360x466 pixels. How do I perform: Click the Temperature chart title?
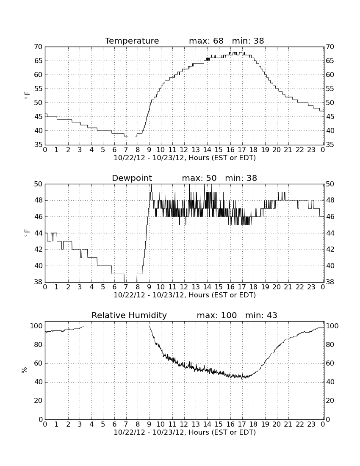pyautogui.click(x=132, y=41)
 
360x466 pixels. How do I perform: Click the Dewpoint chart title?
pyautogui.click(x=132, y=178)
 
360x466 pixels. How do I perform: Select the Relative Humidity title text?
pyautogui.click(x=129, y=315)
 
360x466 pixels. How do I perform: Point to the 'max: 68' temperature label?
pyautogui.click(x=206, y=41)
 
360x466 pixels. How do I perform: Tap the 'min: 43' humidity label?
pyautogui.click(x=261, y=315)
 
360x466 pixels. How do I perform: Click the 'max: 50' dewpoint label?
pyautogui.click(x=199, y=178)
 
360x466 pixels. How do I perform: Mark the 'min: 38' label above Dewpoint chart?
pyautogui.click(x=241, y=178)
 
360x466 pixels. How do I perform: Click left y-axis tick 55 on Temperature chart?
pyautogui.click(x=38, y=89)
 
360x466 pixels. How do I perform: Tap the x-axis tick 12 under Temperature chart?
pyautogui.click(x=184, y=150)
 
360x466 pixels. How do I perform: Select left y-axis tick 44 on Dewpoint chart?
pyautogui.click(x=38, y=233)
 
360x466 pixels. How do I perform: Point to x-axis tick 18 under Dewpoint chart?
pyautogui.click(x=253, y=287)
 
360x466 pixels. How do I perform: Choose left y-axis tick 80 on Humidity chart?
pyautogui.click(x=38, y=345)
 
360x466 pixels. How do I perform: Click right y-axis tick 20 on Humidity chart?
pyautogui.click(x=330, y=401)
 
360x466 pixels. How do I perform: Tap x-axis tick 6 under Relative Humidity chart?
pyautogui.click(x=114, y=424)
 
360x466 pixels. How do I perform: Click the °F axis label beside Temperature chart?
pyautogui.click(x=27, y=95)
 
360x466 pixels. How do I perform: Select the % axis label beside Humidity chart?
pyautogui.click(x=25, y=370)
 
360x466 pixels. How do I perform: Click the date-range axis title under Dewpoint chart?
pyautogui.click(x=185, y=295)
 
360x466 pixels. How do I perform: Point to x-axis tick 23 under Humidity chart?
pyautogui.click(x=311, y=424)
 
